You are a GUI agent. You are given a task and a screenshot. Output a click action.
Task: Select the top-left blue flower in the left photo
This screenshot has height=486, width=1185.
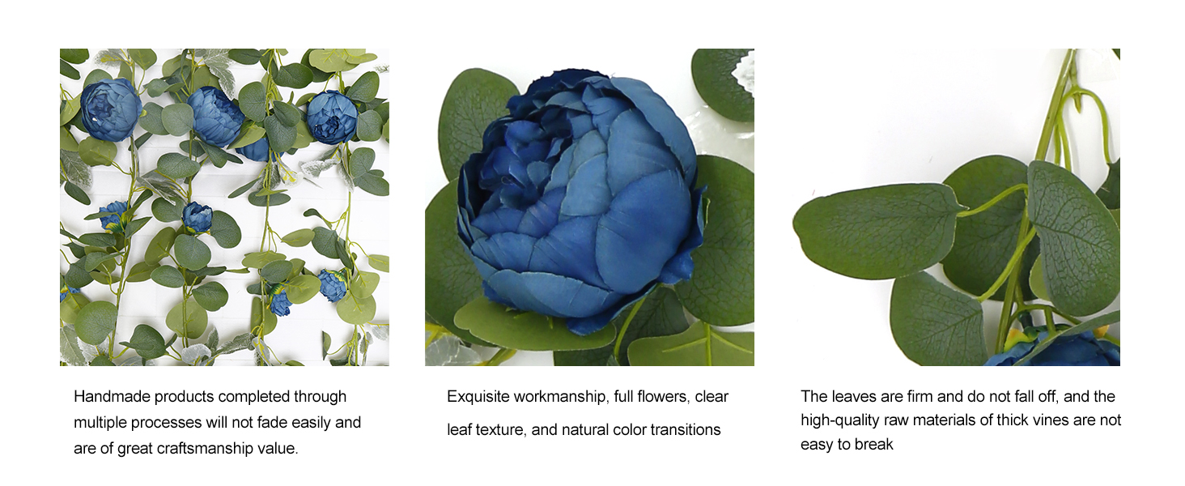coord(111,109)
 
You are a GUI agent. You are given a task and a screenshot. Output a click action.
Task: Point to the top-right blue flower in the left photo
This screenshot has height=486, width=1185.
coord(332,117)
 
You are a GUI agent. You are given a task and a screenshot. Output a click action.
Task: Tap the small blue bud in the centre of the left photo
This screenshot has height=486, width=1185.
coord(197,216)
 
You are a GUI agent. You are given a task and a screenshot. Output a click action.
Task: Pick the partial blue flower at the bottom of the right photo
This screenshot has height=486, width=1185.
coord(1053,348)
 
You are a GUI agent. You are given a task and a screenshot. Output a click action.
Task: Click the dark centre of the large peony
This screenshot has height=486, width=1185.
coord(508,159)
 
